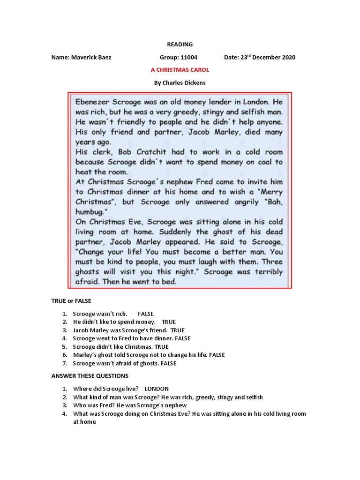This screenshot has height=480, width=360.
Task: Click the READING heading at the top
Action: [180, 45]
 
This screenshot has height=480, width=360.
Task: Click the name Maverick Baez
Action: [91, 58]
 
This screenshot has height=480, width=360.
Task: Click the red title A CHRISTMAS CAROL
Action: [180, 70]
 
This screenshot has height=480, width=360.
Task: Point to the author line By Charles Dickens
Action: [180, 83]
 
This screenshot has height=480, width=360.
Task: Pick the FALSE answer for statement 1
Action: [146, 314]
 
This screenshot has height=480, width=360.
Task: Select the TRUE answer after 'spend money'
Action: [169, 322]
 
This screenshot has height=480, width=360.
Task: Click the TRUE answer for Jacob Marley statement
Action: [178, 330]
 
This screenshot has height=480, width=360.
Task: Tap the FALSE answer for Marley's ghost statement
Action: [217, 355]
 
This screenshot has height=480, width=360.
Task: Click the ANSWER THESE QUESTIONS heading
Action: [90, 376]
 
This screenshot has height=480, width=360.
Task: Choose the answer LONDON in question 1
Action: [157, 389]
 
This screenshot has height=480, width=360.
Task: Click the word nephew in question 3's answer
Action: [176, 405]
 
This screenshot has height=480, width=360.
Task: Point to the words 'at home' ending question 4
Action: [84, 422]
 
